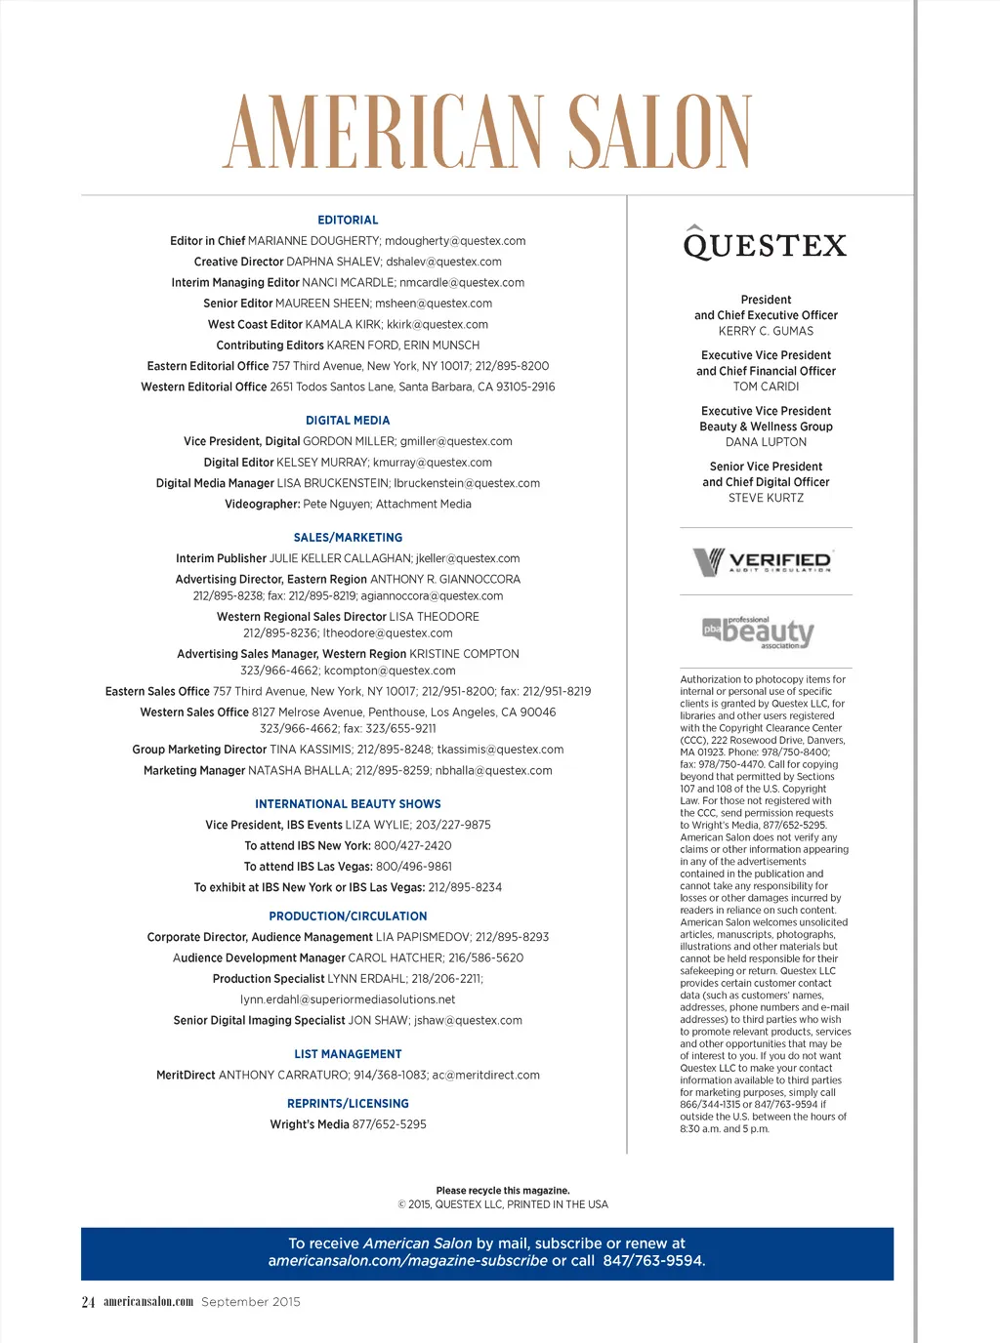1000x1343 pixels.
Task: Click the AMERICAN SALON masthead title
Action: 488,133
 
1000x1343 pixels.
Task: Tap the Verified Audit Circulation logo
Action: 763,562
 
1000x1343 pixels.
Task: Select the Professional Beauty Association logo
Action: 759,632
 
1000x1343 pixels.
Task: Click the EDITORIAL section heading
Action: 348,221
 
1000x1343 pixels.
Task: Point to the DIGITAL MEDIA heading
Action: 348,421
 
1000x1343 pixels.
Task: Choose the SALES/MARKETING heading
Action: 348,538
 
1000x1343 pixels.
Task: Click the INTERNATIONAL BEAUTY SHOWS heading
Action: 348,804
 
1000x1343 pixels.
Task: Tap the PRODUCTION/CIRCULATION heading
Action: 348,916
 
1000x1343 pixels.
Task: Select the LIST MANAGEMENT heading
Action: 348,1054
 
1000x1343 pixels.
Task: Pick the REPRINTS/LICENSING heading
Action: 348,1104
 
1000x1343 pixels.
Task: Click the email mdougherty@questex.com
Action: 455,241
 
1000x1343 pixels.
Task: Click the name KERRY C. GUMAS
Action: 766,331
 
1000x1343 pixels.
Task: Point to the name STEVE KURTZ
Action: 766,498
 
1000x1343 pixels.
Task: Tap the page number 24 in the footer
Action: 88,1302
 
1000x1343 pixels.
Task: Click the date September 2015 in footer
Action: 251,1302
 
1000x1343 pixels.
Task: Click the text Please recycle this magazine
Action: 503,1191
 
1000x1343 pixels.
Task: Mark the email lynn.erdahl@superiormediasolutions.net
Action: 348,999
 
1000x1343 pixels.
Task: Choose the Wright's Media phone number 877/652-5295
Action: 390,1124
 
